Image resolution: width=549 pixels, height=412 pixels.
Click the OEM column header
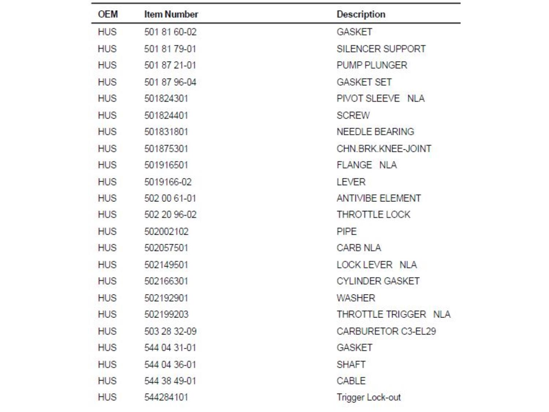(x=108, y=14)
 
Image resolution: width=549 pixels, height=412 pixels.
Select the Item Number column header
(x=171, y=14)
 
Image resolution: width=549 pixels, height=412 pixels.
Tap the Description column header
(x=361, y=14)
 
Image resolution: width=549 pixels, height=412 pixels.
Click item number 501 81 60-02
(x=170, y=32)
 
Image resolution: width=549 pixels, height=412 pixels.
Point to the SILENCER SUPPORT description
(x=381, y=49)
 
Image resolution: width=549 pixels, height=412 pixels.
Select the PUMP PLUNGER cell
(x=371, y=65)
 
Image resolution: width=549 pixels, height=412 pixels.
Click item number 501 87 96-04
(x=170, y=82)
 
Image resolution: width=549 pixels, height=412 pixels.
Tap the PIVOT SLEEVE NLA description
(x=380, y=99)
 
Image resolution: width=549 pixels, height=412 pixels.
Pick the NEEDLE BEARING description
(x=375, y=131)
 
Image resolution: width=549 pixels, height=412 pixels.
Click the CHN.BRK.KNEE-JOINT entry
(x=384, y=149)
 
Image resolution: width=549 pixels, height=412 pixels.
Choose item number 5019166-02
(x=168, y=182)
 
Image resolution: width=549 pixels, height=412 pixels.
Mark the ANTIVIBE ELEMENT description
(x=378, y=198)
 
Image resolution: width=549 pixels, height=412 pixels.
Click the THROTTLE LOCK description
(x=373, y=214)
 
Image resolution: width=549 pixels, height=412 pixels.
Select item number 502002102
(x=166, y=231)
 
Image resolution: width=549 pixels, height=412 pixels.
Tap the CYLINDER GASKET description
(x=378, y=281)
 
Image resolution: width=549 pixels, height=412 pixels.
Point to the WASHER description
(x=356, y=298)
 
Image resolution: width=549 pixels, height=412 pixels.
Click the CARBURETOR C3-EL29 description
(x=386, y=331)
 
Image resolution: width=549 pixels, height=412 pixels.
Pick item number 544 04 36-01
(x=170, y=364)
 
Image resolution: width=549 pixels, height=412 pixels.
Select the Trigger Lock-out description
(x=368, y=397)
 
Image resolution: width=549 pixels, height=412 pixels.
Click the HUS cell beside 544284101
(x=107, y=397)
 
